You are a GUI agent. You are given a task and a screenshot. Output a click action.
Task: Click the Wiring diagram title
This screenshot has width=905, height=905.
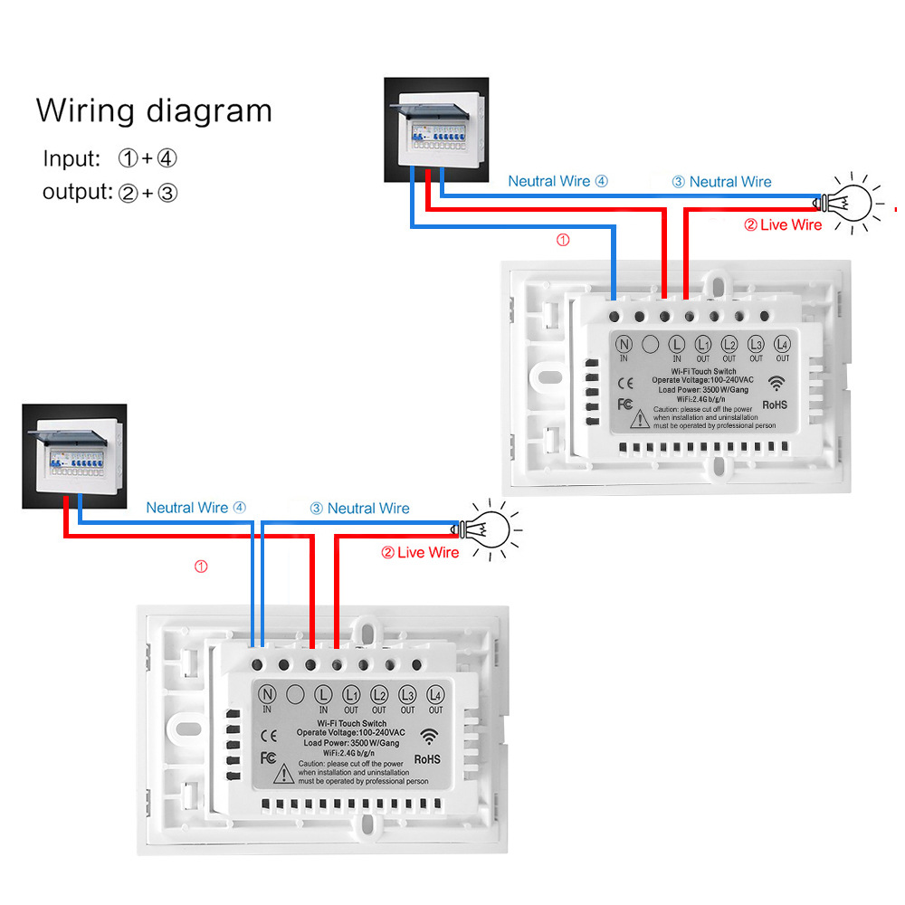point(154,110)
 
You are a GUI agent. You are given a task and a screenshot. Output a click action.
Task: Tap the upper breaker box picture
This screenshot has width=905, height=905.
point(436,131)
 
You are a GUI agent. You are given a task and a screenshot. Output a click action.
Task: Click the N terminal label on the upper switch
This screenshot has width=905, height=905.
point(624,345)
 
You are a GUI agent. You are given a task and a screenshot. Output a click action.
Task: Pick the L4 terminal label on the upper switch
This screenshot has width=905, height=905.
point(783,345)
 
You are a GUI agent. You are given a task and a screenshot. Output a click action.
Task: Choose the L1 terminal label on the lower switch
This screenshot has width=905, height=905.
point(351,695)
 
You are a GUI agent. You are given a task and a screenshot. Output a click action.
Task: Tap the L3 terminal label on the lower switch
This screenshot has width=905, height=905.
point(408,695)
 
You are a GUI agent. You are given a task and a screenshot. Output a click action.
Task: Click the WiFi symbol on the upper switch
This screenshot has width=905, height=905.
point(777,383)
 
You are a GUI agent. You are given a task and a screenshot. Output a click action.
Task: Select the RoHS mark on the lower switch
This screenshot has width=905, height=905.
point(426,758)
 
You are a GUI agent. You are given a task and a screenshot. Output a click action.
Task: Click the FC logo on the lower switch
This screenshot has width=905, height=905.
point(268,757)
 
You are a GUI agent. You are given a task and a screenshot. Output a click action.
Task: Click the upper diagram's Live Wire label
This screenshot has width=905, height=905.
point(783,225)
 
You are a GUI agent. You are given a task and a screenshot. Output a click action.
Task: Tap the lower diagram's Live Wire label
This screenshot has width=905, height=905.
point(420,552)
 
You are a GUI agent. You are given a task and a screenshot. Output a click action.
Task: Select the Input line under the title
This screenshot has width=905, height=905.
point(110,158)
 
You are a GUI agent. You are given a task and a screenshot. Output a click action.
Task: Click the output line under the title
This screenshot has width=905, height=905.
point(110,192)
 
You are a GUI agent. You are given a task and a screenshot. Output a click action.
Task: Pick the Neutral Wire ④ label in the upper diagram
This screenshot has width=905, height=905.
point(557,181)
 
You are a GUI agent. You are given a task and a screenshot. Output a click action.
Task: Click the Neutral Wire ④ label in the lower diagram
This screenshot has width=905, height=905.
point(195,509)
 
